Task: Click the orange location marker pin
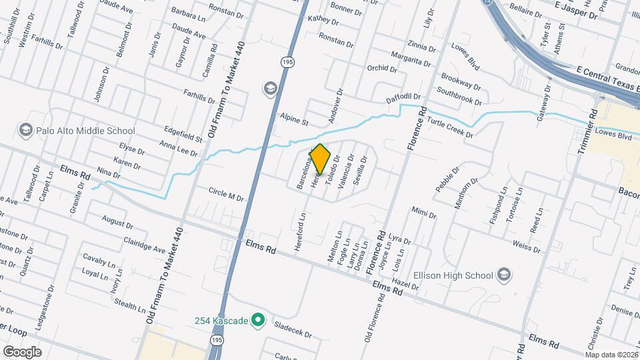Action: point(320,159)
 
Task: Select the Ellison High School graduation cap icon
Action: point(504,275)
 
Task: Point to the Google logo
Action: point(21,351)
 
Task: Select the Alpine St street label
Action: point(294,119)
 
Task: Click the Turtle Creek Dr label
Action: point(450,126)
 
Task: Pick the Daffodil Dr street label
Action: point(404,99)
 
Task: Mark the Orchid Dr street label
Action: point(381,69)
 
